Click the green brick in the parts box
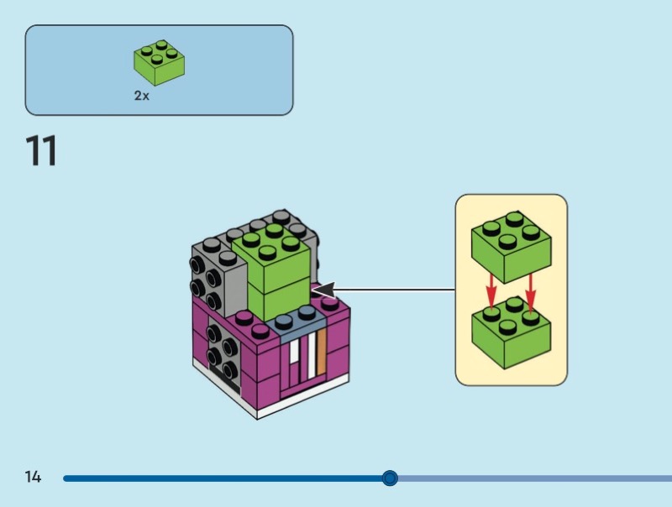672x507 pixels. pyautogui.click(x=159, y=63)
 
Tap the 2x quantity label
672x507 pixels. pyautogui.click(x=142, y=97)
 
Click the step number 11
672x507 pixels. pyautogui.click(x=41, y=152)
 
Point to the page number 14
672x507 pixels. pyautogui.click(x=33, y=478)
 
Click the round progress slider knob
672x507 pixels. pyautogui.click(x=390, y=478)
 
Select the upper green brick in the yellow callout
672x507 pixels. pyautogui.click(x=511, y=248)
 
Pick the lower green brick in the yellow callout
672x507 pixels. pyautogui.click(x=511, y=336)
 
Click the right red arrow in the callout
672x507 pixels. pyautogui.click(x=530, y=290)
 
